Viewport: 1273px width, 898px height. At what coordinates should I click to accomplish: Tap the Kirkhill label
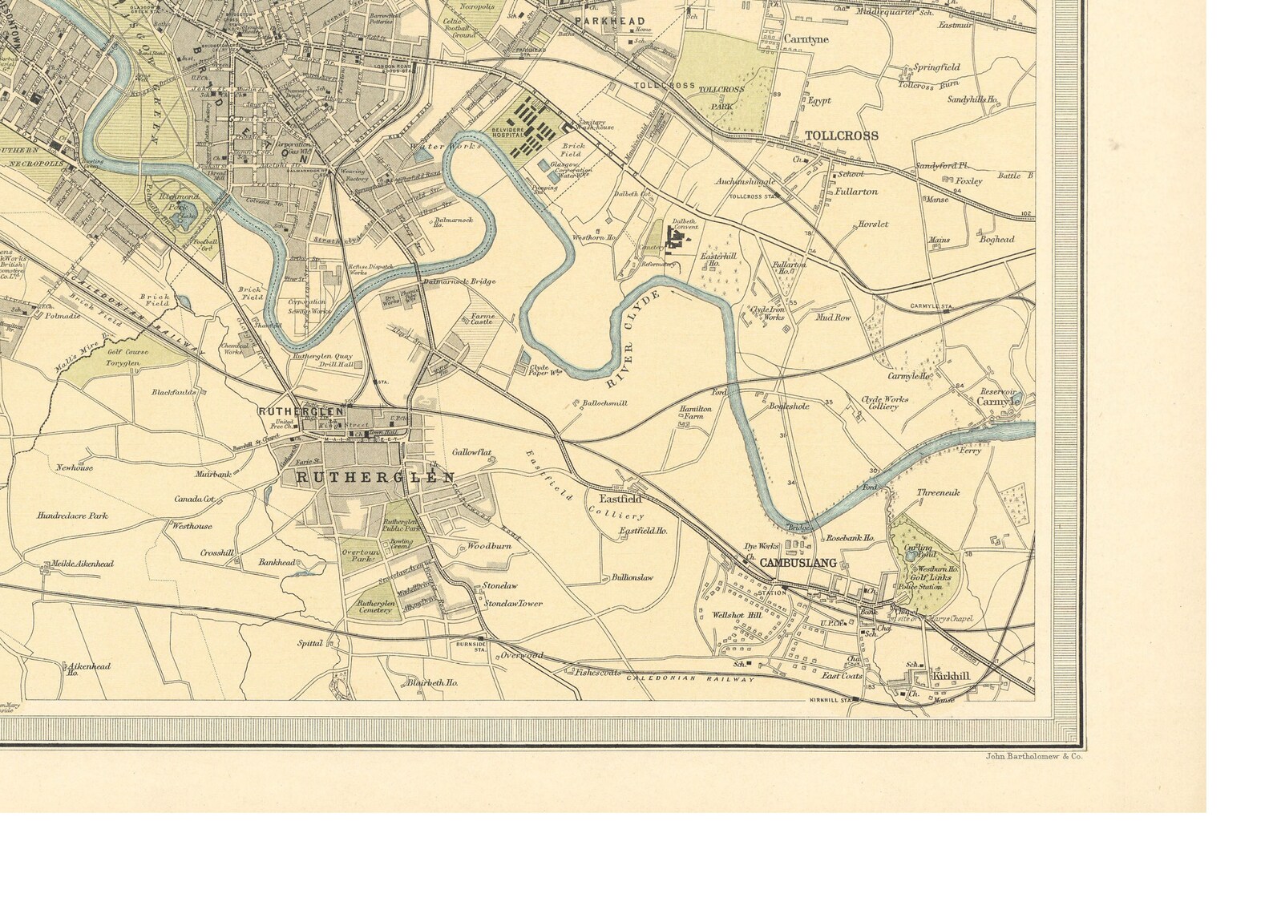pyautogui.click(x=951, y=677)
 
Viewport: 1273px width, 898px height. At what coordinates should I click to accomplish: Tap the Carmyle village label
pyautogui.click(x=997, y=401)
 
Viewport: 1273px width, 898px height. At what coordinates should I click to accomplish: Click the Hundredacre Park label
pyautogui.click(x=72, y=516)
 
